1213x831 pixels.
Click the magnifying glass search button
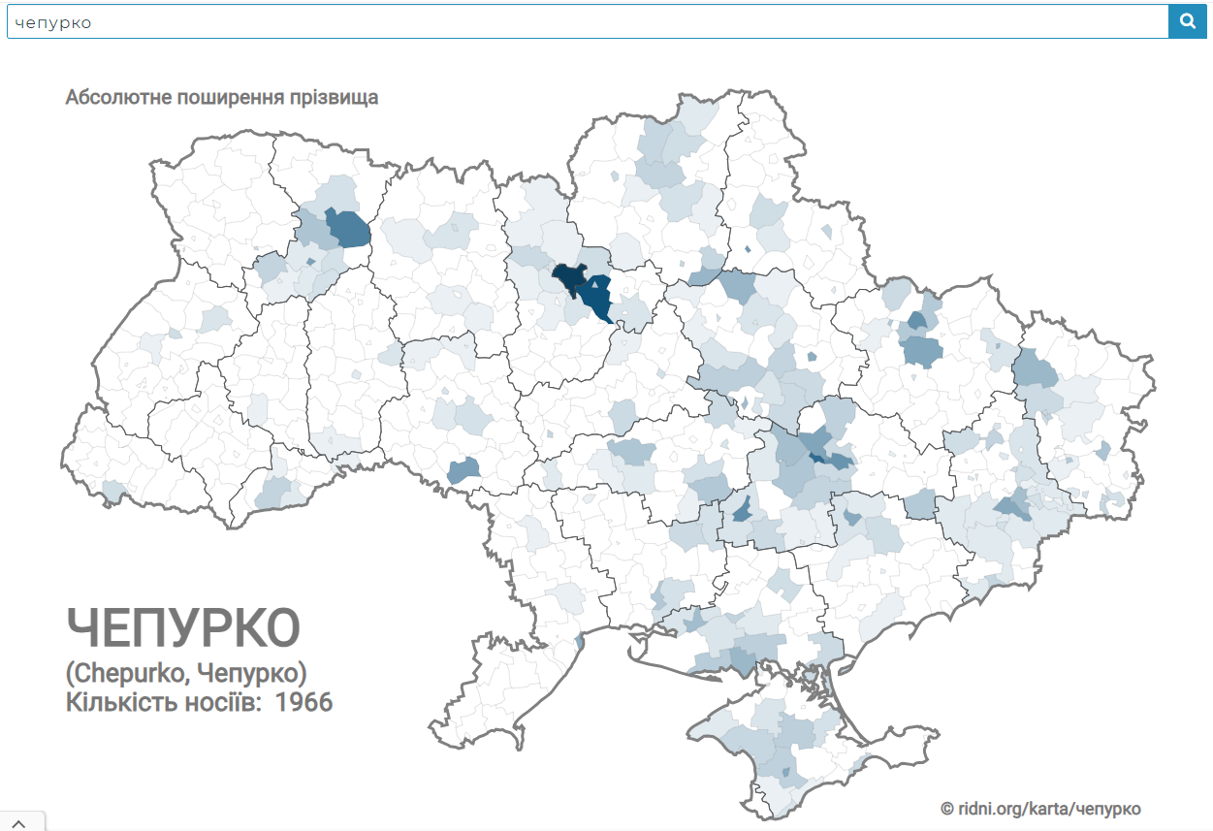[x=1186, y=21]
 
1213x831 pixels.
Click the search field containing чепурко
[x=582, y=21]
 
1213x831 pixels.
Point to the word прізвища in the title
[x=332, y=98]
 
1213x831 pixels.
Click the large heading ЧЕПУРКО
[x=183, y=628]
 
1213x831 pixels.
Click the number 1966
[x=303, y=702]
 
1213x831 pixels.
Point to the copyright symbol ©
[x=947, y=809]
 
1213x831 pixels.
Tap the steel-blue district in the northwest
[x=349, y=230]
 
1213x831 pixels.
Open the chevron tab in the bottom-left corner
[x=17, y=822]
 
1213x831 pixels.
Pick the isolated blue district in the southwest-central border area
[x=464, y=470]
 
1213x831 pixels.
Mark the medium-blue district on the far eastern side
[x=1036, y=369]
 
